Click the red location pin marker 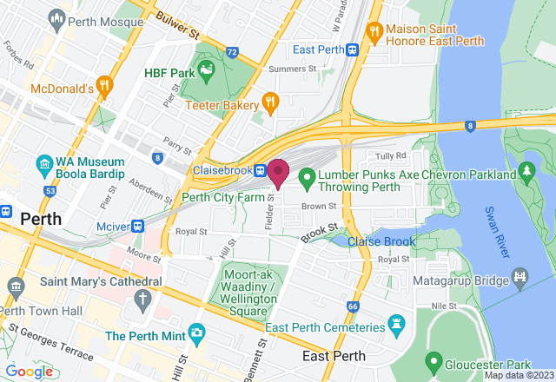[278, 172]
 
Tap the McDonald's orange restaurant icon [104, 85]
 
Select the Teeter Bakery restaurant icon [269, 102]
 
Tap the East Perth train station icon [352, 49]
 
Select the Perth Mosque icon [57, 16]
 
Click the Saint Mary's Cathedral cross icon [143, 300]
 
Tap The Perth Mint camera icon [197, 333]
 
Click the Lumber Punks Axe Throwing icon [306, 180]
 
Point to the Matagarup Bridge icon [520, 278]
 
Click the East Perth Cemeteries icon [399, 326]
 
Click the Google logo [30, 372]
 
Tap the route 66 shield [352, 306]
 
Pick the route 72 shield [231, 52]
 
